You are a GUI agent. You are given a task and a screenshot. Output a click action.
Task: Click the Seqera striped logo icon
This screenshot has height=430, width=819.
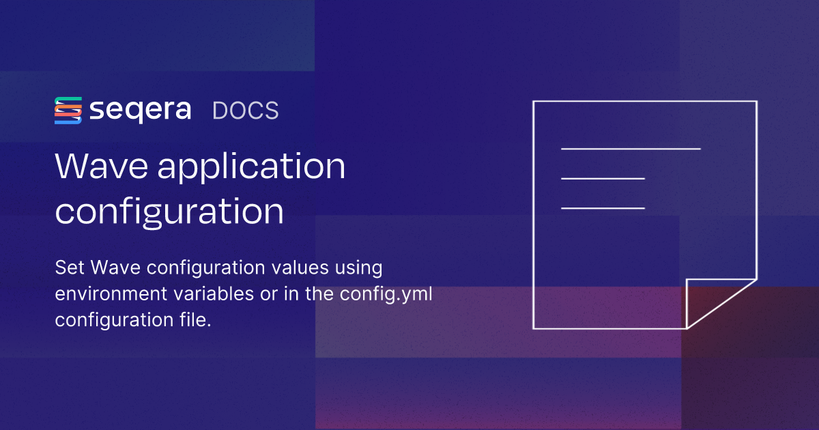(x=68, y=111)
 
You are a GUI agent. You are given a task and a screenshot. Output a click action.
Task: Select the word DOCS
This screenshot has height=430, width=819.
(x=246, y=111)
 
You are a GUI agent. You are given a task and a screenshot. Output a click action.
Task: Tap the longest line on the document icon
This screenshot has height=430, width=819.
(x=631, y=148)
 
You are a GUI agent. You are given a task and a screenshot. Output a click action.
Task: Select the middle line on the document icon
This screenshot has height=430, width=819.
(x=603, y=179)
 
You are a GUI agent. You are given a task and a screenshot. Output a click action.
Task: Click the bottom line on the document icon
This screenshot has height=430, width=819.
(x=603, y=207)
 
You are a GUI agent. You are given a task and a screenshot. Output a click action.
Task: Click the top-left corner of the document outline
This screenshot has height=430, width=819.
(x=534, y=102)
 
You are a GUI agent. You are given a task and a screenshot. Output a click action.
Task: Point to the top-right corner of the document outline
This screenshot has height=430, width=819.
(x=756, y=102)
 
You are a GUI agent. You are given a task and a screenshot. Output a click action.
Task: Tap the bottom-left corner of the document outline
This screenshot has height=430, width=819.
(x=534, y=328)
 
